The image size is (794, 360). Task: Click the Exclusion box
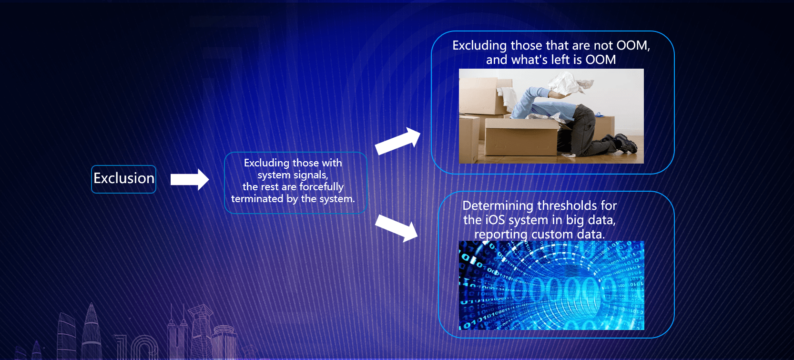point(124,179)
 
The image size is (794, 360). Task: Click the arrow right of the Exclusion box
point(190,179)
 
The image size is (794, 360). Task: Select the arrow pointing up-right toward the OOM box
point(397,141)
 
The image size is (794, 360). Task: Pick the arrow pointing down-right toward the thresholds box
point(397,228)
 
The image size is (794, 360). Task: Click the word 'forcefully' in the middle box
point(322,187)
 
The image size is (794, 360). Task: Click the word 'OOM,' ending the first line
point(633,46)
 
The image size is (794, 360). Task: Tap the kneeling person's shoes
point(623,142)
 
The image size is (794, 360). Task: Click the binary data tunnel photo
point(551,286)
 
